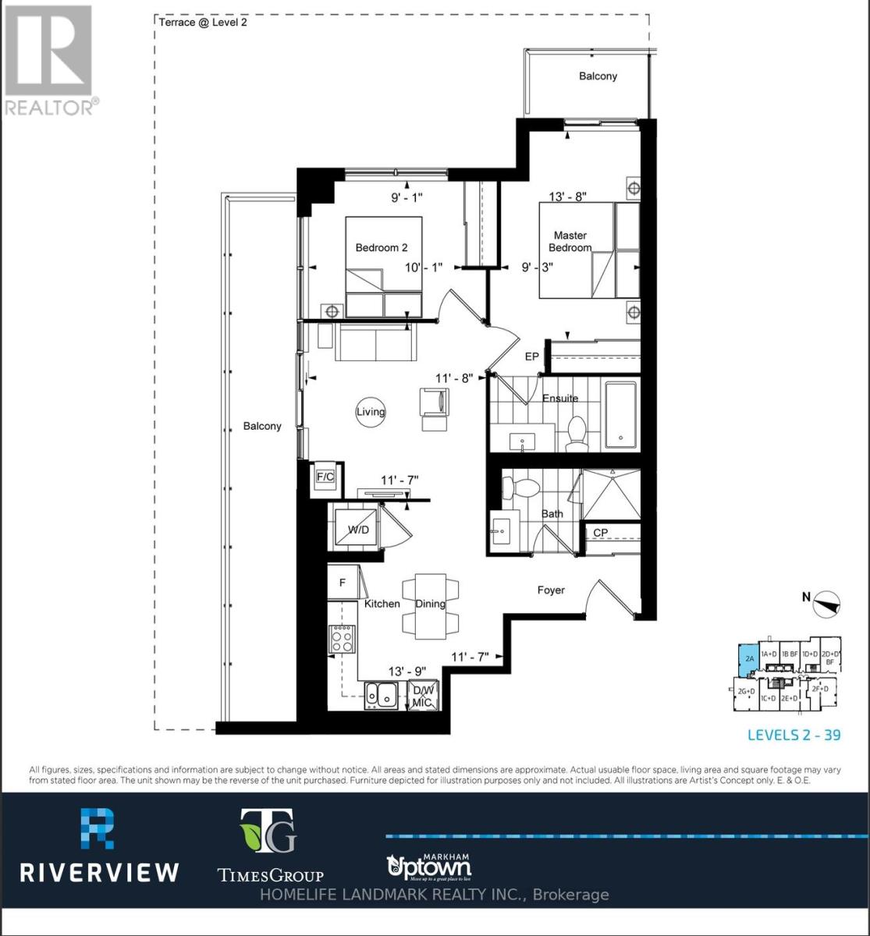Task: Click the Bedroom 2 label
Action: tap(382, 248)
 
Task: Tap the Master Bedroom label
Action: tap(570, 241)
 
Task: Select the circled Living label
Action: tap(371, 412)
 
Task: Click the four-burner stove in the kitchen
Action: tap(342, 640)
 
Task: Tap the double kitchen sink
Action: tap(382, 694)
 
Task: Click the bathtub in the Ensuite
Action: tap(621, 413)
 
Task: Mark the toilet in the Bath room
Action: tap(520, 488)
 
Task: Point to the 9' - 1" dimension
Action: tap(406, 197)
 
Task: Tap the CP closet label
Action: tap(601, 533)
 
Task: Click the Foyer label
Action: tap(551, 590)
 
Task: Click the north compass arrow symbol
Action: tap(826, 604)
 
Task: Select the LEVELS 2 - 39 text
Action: tap(794, 735)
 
